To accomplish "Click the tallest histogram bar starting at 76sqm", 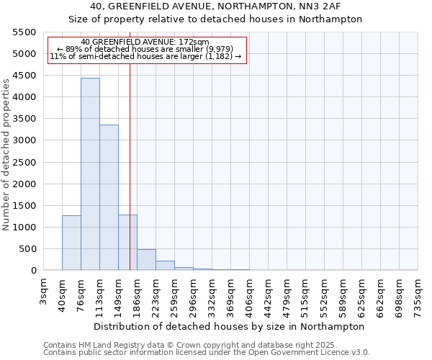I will coord(90,174).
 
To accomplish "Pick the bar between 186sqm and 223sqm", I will coord(146,259).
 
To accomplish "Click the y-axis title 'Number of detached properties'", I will coord(6,152).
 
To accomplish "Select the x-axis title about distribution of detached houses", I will coord(230,326).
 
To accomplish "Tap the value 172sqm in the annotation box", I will coord(194,42).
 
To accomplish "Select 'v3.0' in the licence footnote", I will coord(360,353).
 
